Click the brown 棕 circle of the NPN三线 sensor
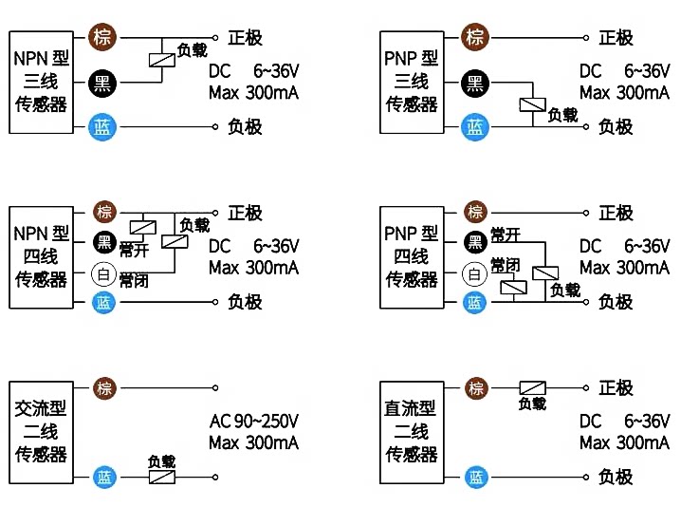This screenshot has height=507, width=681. pos(102,37)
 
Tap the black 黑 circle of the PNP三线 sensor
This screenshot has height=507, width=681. pos(475,83)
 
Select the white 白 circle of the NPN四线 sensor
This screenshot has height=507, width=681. pos(103,274)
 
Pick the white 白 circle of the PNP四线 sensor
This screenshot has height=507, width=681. pos(474,274)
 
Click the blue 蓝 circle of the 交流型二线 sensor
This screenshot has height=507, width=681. pos(104,477)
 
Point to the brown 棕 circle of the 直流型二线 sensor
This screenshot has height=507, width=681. pos(476,388)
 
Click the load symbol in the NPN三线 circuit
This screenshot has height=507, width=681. pos(162,60)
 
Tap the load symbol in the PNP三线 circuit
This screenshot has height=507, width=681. pos(533,104)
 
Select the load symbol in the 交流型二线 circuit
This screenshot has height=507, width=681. pos(162,477)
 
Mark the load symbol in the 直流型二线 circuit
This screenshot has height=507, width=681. pos(533,388)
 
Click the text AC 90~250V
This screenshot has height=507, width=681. pos(254,421)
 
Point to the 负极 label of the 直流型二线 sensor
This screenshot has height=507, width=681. pos(616,477)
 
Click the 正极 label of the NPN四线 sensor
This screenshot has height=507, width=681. pos(245,213)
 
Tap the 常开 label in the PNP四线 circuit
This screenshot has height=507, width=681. pos(506,235)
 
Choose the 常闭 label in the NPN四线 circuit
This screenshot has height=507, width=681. pos(134,281)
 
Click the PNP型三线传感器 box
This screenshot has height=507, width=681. pos(412,83)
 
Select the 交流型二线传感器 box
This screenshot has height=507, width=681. pos(42,433)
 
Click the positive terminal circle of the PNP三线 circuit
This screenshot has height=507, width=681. pos(586,38)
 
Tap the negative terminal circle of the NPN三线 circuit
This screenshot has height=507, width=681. pos(215,127)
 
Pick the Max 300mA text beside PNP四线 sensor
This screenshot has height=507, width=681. pos(624,268)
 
